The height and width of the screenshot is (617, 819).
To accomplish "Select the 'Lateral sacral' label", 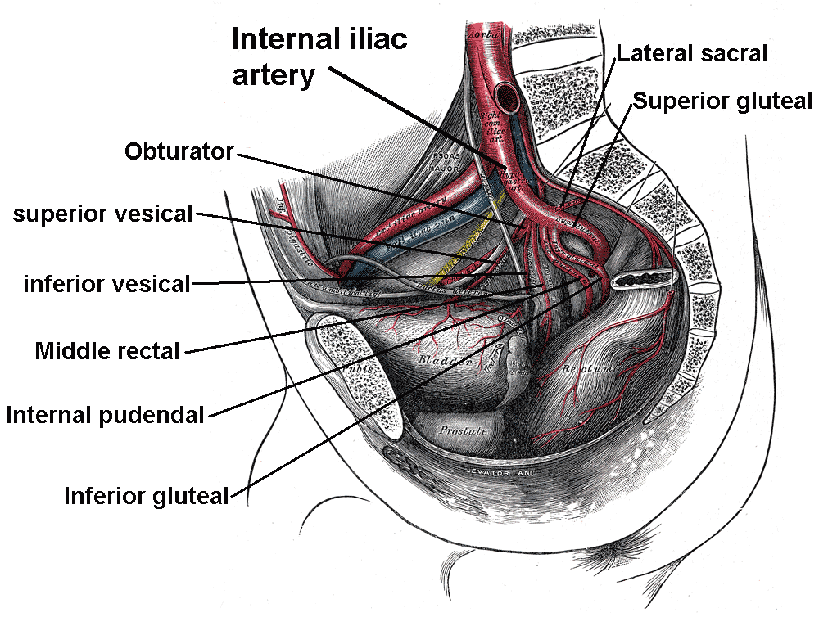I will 692,54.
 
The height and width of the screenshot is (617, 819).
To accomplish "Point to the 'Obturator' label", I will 179,151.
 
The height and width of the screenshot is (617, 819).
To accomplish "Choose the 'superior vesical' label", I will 102,214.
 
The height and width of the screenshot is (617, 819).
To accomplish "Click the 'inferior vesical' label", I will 106,284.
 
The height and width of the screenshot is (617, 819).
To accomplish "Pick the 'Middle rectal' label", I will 106,352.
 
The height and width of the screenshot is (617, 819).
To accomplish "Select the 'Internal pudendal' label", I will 105,415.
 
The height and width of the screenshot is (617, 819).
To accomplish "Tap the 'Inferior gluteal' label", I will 147,495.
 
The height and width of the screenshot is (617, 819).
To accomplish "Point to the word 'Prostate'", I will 463,430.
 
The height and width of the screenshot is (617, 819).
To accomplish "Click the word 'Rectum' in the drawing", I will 585,370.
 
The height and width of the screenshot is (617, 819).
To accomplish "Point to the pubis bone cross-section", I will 348,360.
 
